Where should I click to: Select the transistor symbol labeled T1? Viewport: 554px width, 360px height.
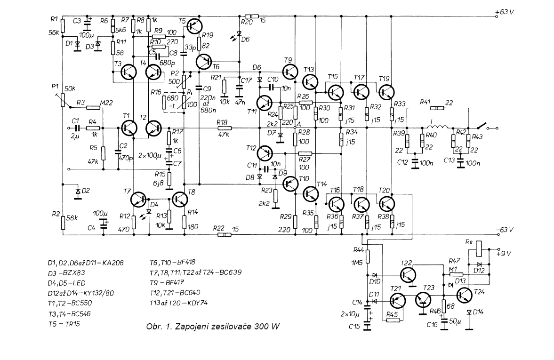[x=128, y=128]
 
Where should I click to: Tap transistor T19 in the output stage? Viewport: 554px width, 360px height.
[x=386, y=92]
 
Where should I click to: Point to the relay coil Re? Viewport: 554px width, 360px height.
[x=479, y=248]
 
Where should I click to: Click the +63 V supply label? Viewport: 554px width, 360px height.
[x=505, y=12]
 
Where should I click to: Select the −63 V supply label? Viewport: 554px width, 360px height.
[x=505, y=230]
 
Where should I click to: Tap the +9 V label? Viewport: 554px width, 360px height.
[x=504, y=253]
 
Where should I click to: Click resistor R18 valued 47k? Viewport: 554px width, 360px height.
[x=224, y=128]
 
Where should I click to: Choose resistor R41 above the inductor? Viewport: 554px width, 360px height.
[x=437, y=108]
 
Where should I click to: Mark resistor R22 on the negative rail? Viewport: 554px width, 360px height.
[x=224, y=234]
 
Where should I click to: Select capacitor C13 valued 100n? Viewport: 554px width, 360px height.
[x=460, y=162]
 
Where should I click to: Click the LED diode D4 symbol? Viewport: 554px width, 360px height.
[x=149, y=212]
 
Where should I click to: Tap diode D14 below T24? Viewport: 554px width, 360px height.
[x=469, y=312]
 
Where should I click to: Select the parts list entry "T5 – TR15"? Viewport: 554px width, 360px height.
[x=64, y=324]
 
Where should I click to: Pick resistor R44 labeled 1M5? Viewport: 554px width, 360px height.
[x=368, y=256]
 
